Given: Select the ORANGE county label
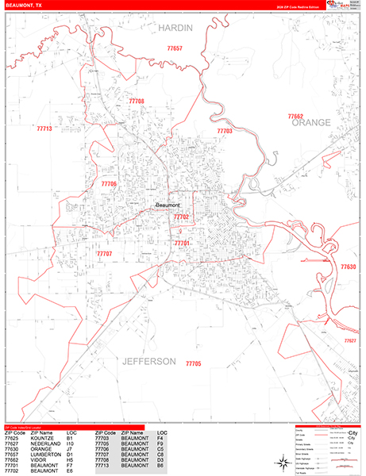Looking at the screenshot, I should pos(310,124).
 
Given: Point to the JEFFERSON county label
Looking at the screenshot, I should pos(148,361).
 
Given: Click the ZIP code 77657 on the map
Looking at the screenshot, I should pos(175,49).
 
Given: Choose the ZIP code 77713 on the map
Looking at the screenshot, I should pos(44,129).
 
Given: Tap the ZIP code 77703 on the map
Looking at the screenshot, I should pos(225,131).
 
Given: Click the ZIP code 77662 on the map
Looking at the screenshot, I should pos(295,116).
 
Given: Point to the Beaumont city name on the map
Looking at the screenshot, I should pos(168,205).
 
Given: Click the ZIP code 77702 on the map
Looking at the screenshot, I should pos(182,217).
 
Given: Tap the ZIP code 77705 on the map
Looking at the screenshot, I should pos(193,363).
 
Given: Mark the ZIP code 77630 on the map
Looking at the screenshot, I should pos(349,267).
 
